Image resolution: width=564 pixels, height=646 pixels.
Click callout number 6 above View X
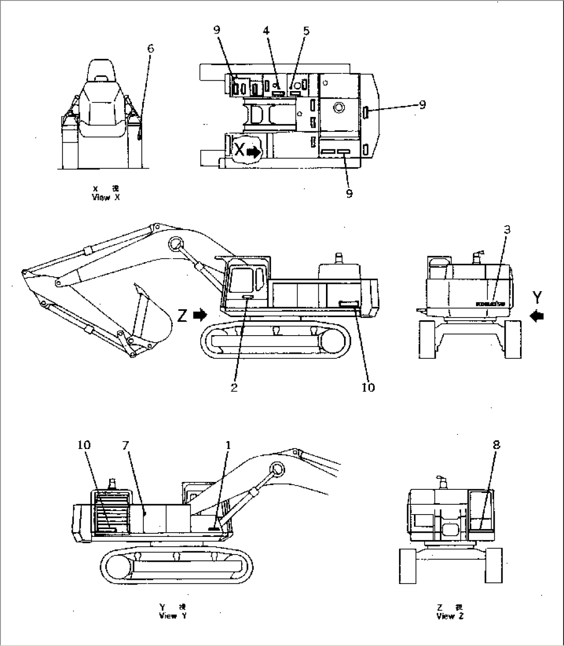coord(151,49)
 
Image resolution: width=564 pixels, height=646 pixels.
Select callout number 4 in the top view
coord(266,31)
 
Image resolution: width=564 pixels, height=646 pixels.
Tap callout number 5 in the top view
coord(306,31)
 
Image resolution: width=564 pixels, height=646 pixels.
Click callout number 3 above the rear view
coord(507,230)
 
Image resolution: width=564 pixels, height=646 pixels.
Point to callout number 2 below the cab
coord(234,387)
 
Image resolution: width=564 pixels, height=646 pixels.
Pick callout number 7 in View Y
coord(125,445)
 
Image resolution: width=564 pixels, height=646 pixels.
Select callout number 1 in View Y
coord(228,445)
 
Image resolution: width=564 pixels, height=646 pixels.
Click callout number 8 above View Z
coord(496,445)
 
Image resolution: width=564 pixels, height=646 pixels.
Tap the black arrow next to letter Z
coord(200,314)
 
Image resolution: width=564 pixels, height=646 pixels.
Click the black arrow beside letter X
coord(254,152)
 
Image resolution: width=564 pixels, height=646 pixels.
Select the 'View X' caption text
coord(106,197)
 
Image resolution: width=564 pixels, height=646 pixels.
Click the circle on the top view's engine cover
coord(339,108)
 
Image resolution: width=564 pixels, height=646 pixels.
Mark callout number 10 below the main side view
coord(368,387)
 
